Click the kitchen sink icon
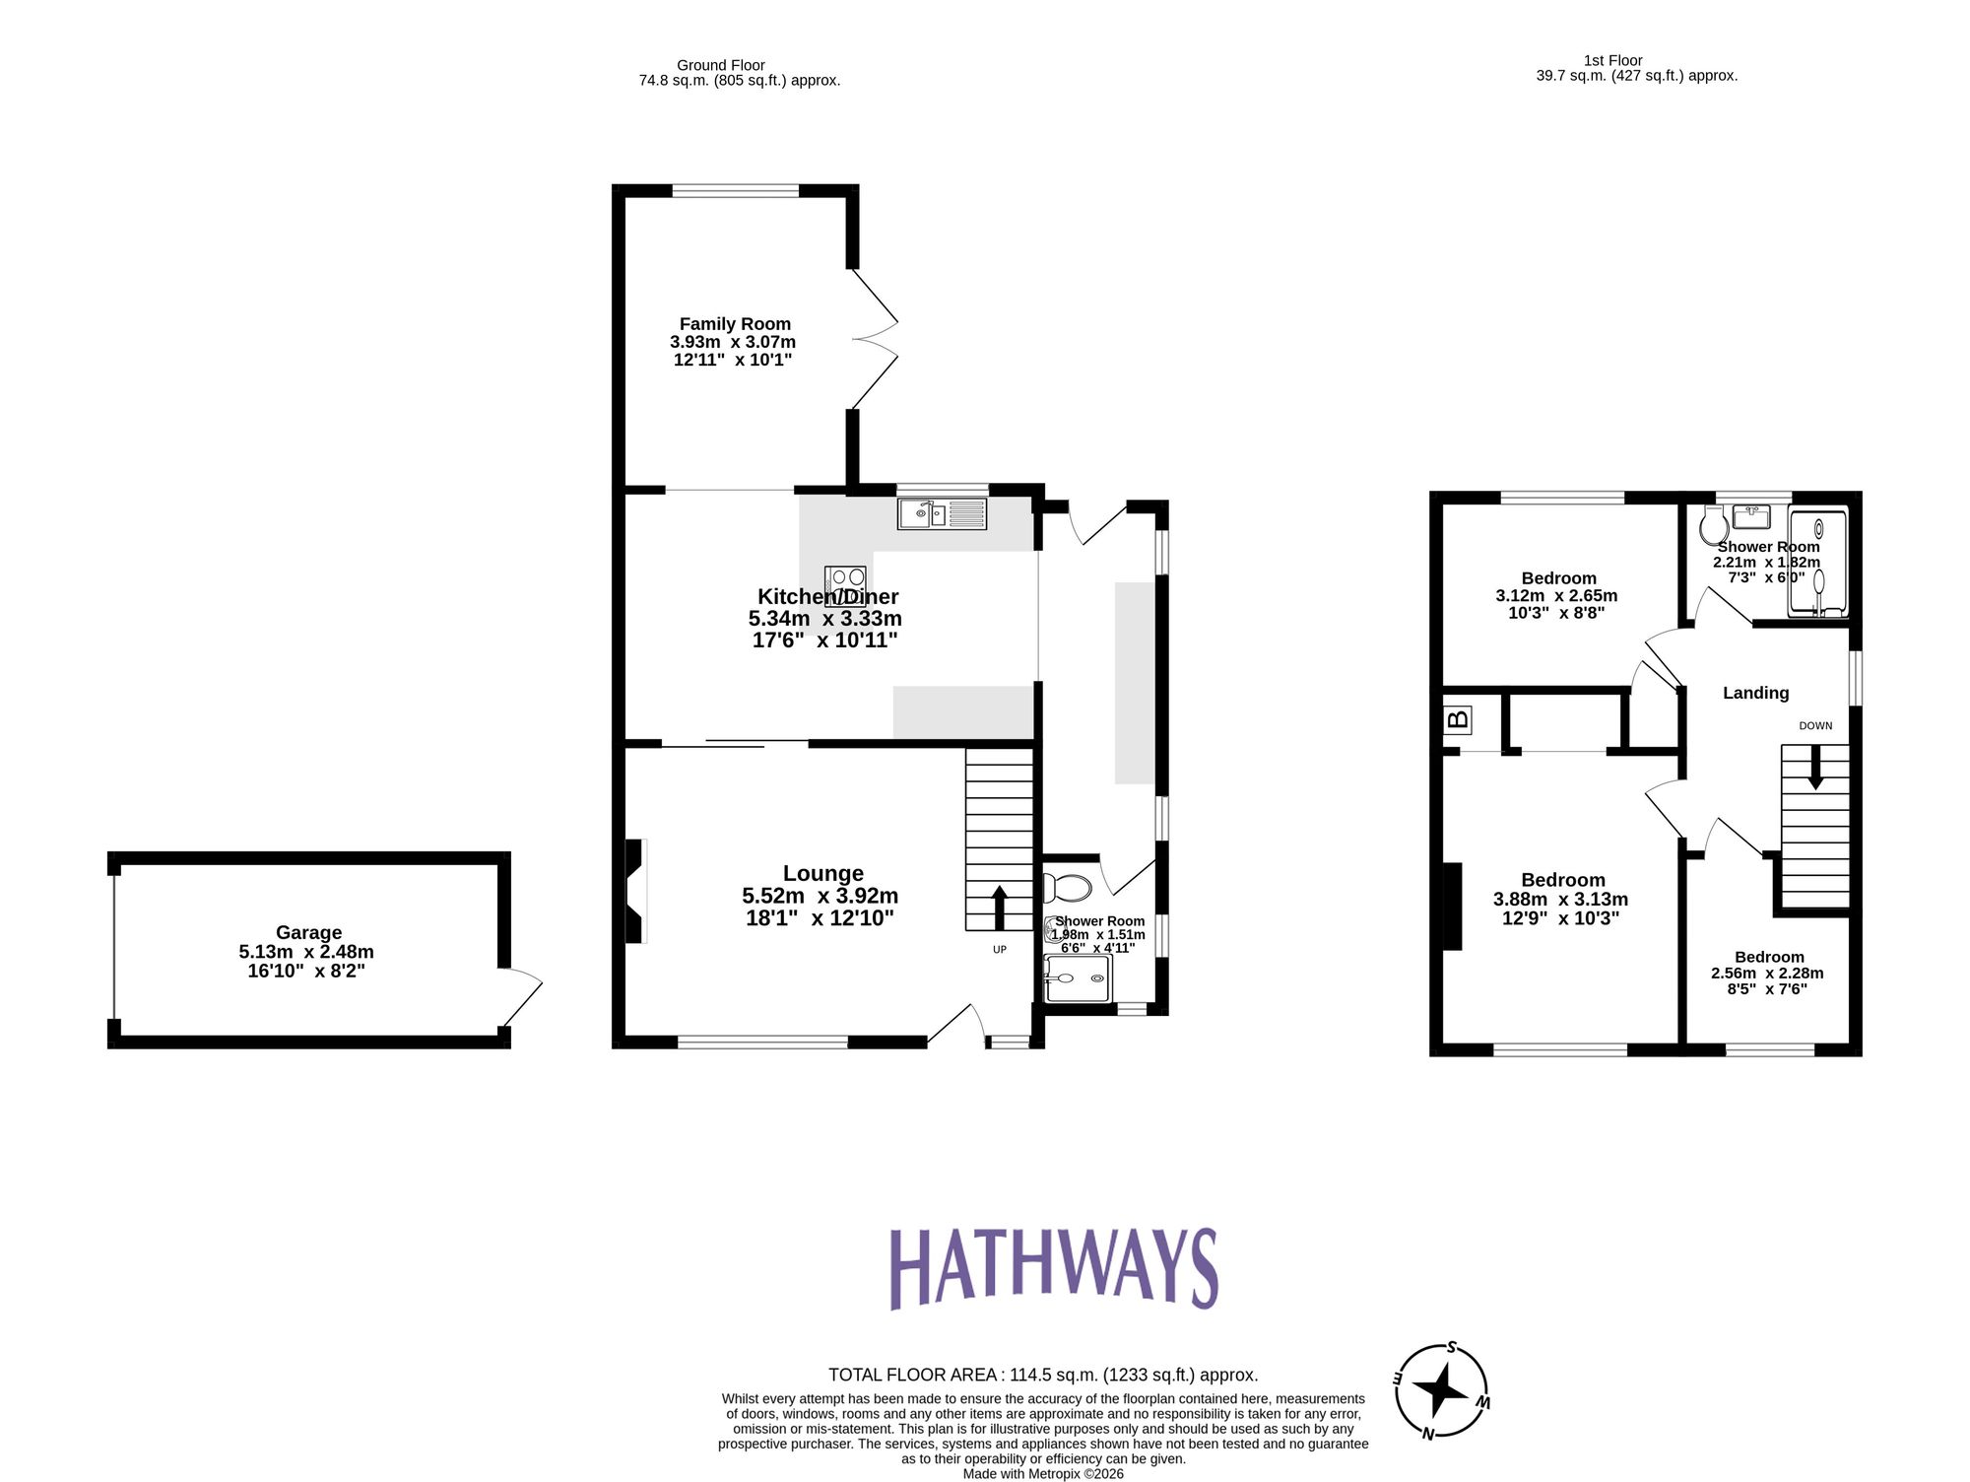(x=942, y=513)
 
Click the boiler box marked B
(x=1458, y=719)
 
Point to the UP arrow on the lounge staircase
(x=999, y=908)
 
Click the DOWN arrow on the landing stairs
(x=1815, y=768)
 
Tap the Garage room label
(x=308, y=932)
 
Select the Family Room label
(x=735, y=324)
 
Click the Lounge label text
(x=822, y=873)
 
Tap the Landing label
(x=1755, y=693)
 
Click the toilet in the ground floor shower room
(x=1068, y=888)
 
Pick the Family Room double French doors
(x=875, y=339)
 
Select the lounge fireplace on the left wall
(x=636, y=890)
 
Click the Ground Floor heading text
(x=720, y=65)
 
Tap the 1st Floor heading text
(x=1612, y=60)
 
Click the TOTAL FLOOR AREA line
(x=1042, y=1375)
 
